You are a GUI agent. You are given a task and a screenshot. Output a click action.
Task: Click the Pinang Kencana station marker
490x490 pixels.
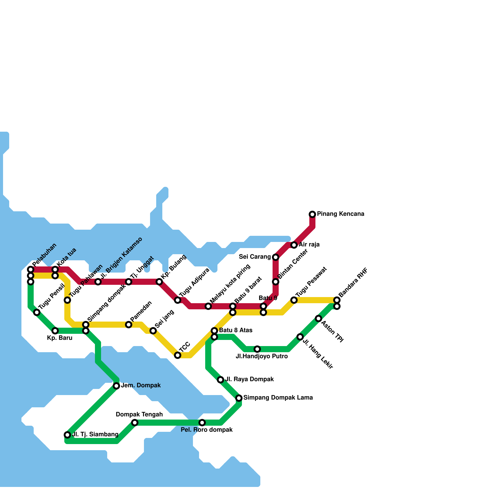point(312,214)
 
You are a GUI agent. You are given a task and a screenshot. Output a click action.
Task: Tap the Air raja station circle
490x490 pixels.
point(294,245)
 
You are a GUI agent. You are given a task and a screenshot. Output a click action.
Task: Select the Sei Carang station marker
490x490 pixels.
point(276,257)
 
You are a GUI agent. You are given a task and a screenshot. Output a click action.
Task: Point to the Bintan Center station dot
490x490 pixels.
point(276,282)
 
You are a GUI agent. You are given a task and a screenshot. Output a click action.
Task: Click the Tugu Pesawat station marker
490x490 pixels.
point(294,300)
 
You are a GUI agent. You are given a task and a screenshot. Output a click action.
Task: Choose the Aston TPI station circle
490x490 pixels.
point(318,318)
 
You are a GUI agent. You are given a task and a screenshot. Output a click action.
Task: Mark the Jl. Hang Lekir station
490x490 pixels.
point(300,337)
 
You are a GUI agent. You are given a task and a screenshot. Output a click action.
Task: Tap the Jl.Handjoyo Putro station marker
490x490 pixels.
point(257,349)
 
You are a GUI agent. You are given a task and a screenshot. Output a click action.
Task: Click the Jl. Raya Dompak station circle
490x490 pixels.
point(221,380)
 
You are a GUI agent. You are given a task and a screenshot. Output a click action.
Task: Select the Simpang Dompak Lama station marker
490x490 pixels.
point(239,398)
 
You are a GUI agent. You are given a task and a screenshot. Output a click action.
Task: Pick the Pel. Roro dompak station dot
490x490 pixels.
point(202,423)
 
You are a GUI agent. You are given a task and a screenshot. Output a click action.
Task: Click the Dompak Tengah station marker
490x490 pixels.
point(135,423)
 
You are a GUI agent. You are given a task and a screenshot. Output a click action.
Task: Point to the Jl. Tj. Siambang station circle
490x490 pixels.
point(67,435)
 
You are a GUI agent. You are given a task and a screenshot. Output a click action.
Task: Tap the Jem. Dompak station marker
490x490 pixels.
point(116,386)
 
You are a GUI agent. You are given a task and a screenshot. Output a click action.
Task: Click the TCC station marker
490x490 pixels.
point(178,355)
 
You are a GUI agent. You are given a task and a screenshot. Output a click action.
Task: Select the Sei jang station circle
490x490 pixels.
point(153,331)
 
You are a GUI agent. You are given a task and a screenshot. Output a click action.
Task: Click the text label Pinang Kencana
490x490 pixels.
point(341,214)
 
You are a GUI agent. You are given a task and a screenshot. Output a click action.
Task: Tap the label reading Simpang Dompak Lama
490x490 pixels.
point(278,398)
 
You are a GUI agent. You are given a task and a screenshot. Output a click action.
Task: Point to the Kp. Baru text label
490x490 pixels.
point(60,338)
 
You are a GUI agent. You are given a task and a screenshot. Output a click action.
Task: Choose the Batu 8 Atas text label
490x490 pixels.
point(236,330)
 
